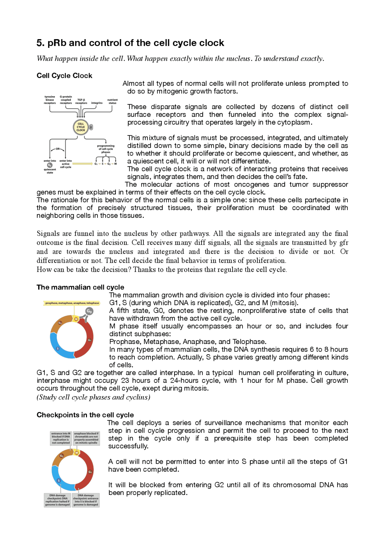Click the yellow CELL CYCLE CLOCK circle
[x=81, y=127]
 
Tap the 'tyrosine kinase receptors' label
[x=50, y=100]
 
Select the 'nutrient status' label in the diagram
[x=112, y=101]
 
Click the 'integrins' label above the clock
[x=97, y=103]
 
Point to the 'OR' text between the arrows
[x=57, y=149]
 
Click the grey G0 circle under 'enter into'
[x=50, y=165]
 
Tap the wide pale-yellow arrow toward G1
[x=82, y=164]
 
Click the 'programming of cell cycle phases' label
[x=106, y=149]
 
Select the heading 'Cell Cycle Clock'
[x=64, y=76]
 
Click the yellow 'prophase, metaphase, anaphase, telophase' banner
[x=72, y=303]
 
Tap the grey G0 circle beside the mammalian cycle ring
[x=89, y=311]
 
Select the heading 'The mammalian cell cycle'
[x=80, y=287]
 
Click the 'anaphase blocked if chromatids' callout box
[x=86, y=438]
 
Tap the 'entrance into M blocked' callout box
[x=61, y=438]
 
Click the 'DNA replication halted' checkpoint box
[x=57, y=500]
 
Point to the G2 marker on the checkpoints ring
[x=62, y=456]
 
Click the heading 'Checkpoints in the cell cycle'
[x=85, y=415]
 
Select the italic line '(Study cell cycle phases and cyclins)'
[x=93, y=397]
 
